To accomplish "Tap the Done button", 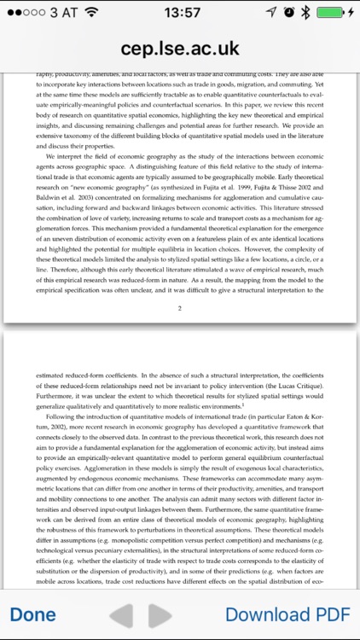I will click(33, 614).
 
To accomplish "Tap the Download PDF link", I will click(287, 614).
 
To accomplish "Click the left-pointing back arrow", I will click(122, 614).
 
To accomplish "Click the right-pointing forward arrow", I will click(160, 614).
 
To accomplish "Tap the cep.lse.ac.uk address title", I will click(180, 49).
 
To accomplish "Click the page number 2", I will click(179, 284).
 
